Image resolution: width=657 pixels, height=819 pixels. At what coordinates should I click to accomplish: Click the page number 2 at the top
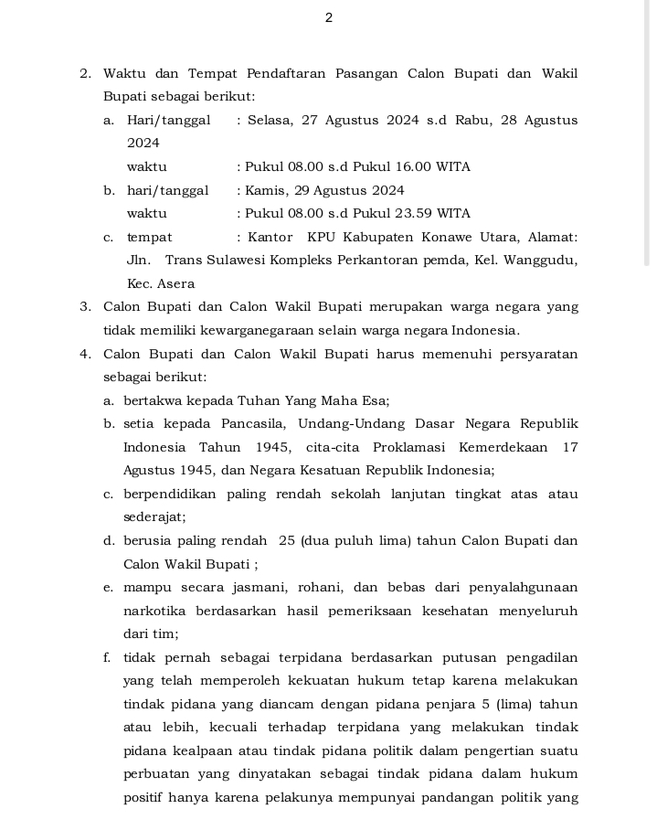[328, 18]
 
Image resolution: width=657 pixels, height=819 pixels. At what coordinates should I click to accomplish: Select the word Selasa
[268, 121]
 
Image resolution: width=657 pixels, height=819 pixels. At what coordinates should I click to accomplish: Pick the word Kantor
[270, 238]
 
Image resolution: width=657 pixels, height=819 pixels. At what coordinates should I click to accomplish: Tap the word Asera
[175, 284]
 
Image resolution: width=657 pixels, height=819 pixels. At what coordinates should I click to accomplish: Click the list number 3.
[84, 307]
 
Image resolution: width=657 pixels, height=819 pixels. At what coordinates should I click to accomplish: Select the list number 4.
[84, 355]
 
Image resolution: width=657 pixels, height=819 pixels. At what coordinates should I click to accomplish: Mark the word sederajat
[154, 517]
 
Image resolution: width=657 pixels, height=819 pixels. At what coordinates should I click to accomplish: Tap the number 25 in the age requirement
[287, 541]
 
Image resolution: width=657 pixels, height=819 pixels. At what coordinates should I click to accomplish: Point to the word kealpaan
[207, 751]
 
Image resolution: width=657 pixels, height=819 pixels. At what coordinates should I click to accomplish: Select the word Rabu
[472, 121]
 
